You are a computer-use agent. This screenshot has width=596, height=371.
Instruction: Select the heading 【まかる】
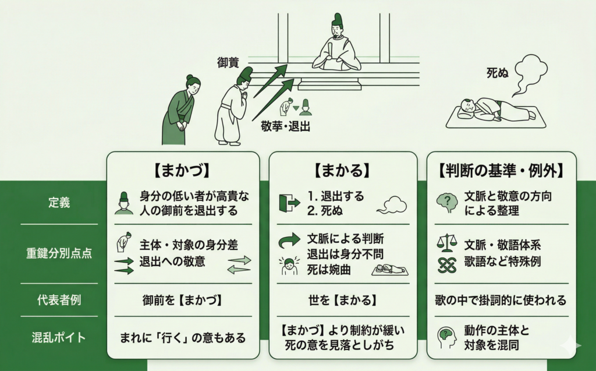click(x=342, y=171)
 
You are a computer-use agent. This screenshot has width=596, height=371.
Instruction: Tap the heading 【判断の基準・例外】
click(x=501, y=171)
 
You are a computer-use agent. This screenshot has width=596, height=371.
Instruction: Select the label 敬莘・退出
click(x=285, y=126)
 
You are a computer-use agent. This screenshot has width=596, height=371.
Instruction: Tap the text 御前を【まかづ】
click(x=183, y=301)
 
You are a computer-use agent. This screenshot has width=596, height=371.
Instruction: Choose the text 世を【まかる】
click(x=342, y=301)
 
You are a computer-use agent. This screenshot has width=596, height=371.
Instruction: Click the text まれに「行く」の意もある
click(x=183, y=337)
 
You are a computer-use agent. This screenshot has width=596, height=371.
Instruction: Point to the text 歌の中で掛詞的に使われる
click(x=501, y=301)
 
